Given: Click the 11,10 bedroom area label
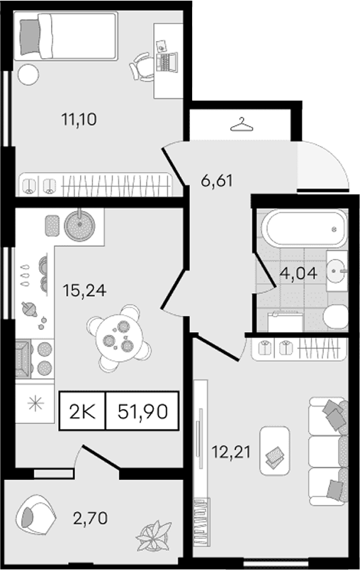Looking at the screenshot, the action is pos(79,119).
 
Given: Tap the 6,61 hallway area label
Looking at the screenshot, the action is pos(217,181).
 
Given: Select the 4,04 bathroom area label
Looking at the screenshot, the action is pos(298,273).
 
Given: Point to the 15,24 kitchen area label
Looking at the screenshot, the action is pos(84,290).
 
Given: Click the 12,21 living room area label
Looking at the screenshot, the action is pos(232,452).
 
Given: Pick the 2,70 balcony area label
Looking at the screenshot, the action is pos(90,518).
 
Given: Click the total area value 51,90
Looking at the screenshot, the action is pos(142,412).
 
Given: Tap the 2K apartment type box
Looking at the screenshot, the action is pos(82,412).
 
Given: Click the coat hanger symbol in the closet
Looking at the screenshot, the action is pos(242,125).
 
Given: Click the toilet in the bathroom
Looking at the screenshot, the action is pos(335,317).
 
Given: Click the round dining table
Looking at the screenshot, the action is pos(119,338).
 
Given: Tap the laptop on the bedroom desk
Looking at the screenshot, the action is pos(167,62).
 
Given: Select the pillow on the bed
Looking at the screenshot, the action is pos(30,37).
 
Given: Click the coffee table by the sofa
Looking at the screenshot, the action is pos(275,451).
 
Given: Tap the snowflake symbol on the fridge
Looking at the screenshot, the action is pos(35,404).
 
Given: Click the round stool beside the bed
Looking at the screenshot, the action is pos(28,74).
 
